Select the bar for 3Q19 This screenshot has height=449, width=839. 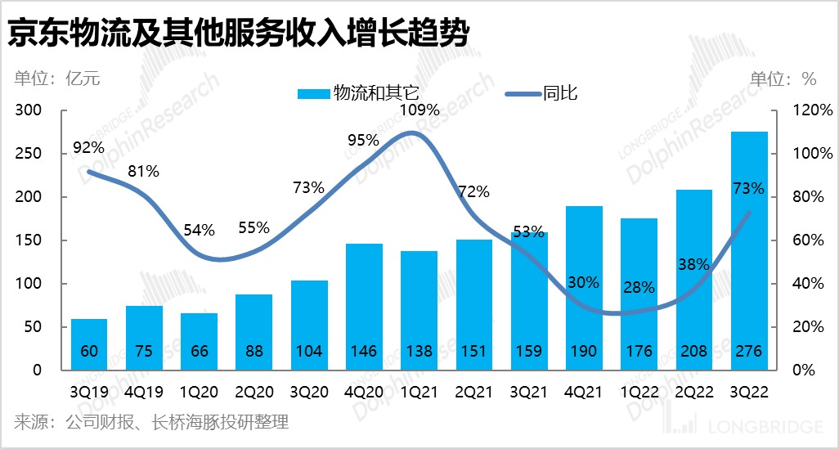click(x=88, y=344)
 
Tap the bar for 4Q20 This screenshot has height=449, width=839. click(x=364, y=307)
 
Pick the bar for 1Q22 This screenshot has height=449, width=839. click(x=638, y=294)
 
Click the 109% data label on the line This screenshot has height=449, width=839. click(x=419, y=110)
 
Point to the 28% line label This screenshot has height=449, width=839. click(x=638, y=287)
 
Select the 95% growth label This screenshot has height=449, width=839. click(x=364, y=140)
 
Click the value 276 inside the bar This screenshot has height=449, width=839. click(x=748, y=352)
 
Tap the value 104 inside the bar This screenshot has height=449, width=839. click(x=308, y=352)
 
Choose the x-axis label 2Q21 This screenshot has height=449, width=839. click(x=473, y=391)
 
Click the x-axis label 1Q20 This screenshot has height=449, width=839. click(x=199, y=391)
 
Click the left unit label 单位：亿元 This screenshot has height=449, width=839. click(x=57, y=79)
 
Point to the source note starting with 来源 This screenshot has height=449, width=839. click(x=151, y=423)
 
